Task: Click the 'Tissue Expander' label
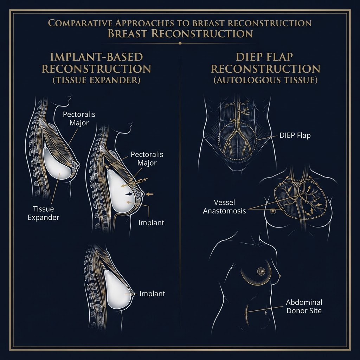click(43, 213)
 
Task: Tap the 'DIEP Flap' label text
click(295, 135)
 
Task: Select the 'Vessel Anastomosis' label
click(224, 207)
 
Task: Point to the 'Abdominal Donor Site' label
click(304, 306)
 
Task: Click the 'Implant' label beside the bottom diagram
click(152, 294)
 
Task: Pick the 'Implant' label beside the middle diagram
click(151, 223)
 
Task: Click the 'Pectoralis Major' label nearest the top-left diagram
click(79, 118)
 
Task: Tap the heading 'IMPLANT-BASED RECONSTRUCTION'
click(96, 63)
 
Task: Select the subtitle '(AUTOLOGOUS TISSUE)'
click(265, 80)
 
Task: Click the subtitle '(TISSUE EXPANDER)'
click(96, 80)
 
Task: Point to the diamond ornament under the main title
click(180, 43)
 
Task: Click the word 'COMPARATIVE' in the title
click(80, 23)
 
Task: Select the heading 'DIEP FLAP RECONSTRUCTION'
click(265, 63)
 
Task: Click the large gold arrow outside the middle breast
click(149, 194)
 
